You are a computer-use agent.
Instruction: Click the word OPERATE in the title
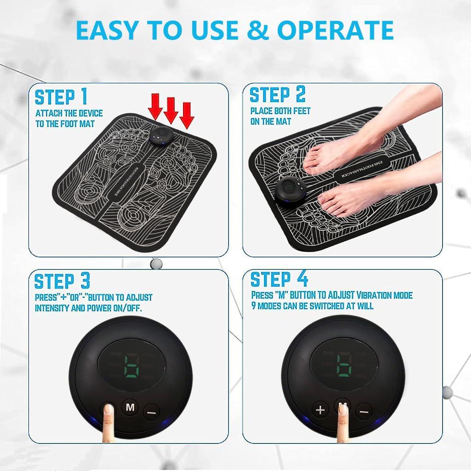[x=335, y=30]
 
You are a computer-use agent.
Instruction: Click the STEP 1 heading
[x=61, y=97]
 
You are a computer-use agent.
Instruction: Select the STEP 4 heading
[x=279, y=279]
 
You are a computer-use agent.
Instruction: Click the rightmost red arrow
[x=186, y=115]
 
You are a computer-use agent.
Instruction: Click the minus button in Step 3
[x=151, y=412]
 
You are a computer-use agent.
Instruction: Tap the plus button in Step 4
[x=320, y=410]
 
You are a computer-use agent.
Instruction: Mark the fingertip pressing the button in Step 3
[x=109, y=410]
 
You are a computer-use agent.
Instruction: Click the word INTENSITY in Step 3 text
[x=52, y=308]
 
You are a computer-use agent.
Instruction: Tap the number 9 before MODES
[x=253, y=305]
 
